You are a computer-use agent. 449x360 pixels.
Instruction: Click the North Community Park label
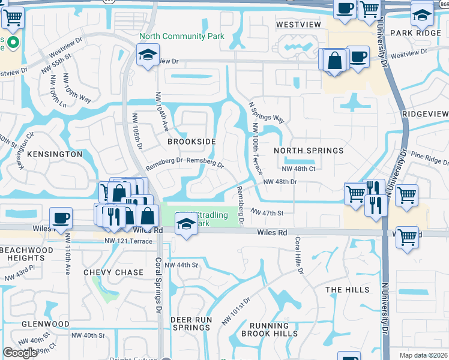[181, 37]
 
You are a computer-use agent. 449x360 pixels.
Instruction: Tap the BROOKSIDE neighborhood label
[191, 142]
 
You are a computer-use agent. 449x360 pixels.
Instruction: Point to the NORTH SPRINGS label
[309, 151]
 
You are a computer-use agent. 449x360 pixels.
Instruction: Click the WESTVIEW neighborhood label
[298, 25]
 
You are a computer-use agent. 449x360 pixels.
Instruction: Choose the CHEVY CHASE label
[113, 272]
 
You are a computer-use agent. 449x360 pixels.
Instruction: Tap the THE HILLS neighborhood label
[348, 290]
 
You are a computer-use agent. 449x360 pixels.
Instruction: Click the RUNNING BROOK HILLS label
[269, 329]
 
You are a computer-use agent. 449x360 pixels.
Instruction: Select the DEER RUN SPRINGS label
[191, 323]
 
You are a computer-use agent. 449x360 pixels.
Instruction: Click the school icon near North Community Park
[147, 56]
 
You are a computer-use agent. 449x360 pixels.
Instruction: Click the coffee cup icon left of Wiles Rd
[61, 218]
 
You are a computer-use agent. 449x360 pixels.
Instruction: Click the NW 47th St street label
[267, 212]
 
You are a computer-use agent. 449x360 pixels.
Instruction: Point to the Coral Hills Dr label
[298, 256]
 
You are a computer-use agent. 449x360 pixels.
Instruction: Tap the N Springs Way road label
[267, 112]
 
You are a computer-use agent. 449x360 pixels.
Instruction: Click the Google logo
[20, 353]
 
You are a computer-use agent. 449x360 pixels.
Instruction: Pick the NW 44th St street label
[181, 265]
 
